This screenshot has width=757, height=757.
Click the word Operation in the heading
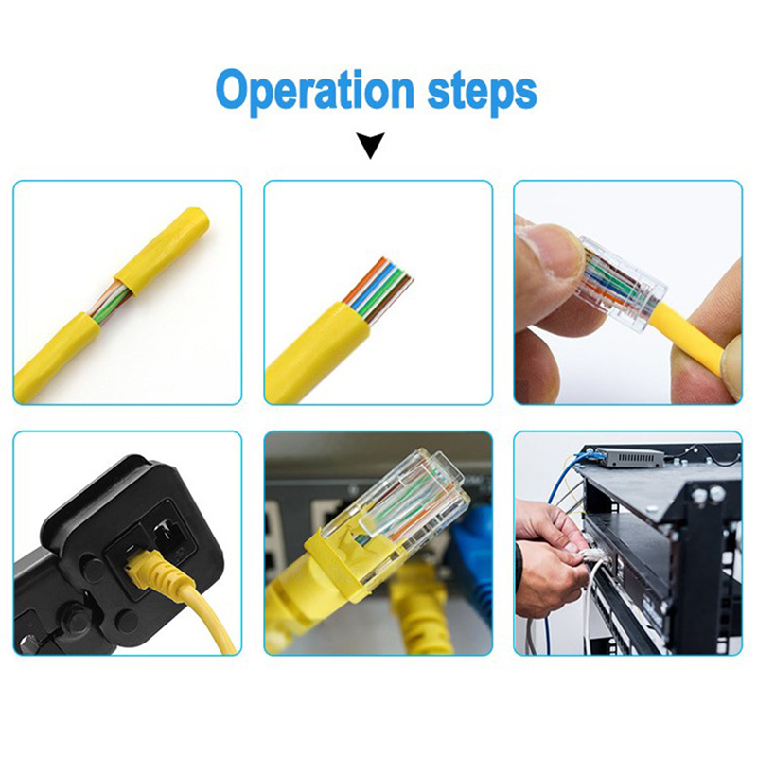314,92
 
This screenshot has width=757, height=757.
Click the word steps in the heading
482,92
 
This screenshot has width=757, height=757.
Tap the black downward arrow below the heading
370,145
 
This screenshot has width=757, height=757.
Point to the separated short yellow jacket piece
162,251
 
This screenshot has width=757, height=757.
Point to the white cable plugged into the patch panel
590,594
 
